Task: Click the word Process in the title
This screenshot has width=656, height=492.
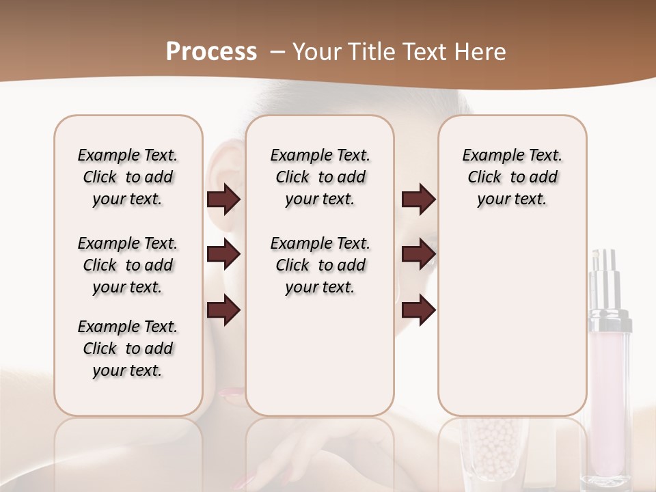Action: point(211,52)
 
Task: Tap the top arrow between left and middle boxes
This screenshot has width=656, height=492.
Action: point(223,200)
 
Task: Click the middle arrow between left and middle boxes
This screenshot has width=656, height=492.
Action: point(223,255)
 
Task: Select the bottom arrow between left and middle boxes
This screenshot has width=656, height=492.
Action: point(223,310)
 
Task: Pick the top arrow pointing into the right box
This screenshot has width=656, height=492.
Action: point(418,200)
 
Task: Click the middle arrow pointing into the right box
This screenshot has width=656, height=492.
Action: point(418,255)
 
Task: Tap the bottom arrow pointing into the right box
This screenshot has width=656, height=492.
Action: point(418,310)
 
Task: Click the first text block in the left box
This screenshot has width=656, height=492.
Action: point(128,178)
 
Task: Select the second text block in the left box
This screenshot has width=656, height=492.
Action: point(128,265)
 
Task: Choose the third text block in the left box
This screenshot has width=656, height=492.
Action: point(128,348)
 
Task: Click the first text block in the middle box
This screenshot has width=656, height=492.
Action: point(320,178)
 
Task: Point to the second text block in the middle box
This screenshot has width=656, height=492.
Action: point(320,265)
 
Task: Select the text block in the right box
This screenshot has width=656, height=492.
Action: point(512,178)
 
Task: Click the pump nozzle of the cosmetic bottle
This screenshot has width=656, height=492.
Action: point(605,263)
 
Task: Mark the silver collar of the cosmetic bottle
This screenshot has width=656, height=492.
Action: point(610,318)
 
